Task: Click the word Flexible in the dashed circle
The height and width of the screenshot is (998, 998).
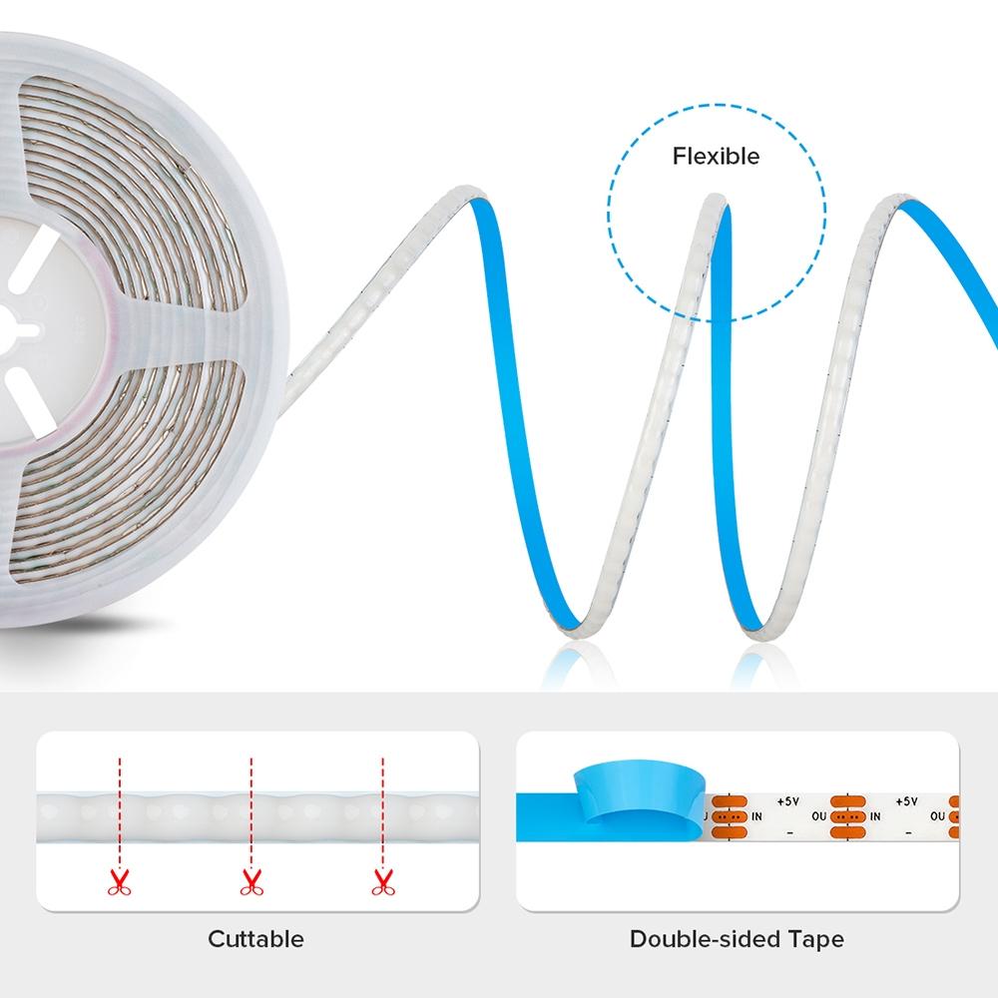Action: (716, 156)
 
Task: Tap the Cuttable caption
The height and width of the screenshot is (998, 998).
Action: (255, 938)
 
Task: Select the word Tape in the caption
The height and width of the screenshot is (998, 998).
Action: (814, 938)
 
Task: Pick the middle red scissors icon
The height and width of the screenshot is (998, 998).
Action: (250, 881)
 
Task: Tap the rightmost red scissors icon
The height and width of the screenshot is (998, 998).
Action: (381, 881)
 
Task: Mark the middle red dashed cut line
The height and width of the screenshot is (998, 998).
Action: (250, 808)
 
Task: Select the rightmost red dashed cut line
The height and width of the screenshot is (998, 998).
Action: (382, 808)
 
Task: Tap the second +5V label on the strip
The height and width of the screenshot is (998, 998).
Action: (906, 799)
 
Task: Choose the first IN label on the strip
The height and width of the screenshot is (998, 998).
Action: (756, 816)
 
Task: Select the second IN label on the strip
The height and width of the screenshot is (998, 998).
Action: (875, 816)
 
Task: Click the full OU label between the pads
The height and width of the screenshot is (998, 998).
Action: (818, 816)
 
